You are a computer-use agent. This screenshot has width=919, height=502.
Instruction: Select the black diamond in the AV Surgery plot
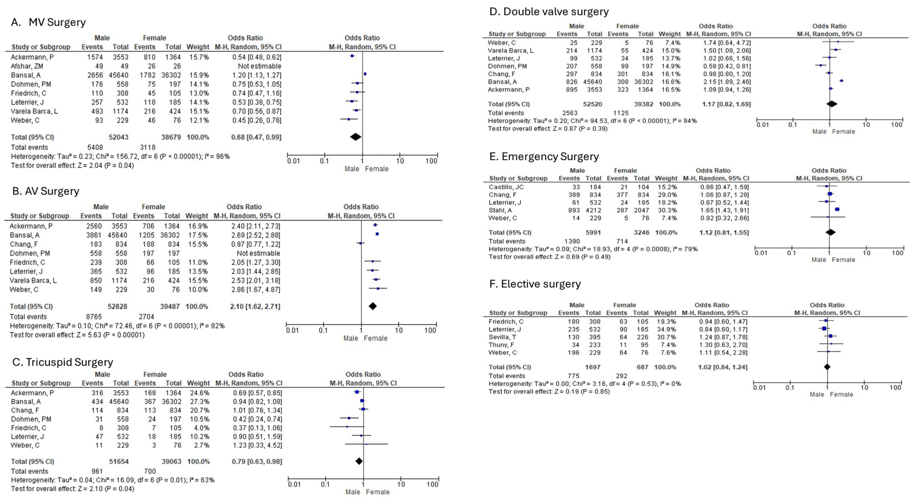coord(372,306)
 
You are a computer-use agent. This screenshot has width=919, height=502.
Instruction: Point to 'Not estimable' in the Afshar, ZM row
coord(259,66)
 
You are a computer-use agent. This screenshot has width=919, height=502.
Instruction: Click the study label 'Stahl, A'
coord(500,210)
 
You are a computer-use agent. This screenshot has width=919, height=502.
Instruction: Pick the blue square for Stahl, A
coord(837,209)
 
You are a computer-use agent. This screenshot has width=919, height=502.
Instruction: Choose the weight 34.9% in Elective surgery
coord(665,329)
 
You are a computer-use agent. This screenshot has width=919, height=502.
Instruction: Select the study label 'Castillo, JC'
coord(506,187)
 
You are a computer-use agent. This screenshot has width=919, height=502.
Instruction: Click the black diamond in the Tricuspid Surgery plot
coord(359,461)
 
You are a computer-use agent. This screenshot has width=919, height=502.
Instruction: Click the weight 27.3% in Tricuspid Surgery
coord(198,401)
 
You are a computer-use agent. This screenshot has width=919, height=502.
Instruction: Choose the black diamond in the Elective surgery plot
coord(827,367)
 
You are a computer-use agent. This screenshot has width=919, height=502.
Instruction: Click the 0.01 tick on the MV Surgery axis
coord(293,161)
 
